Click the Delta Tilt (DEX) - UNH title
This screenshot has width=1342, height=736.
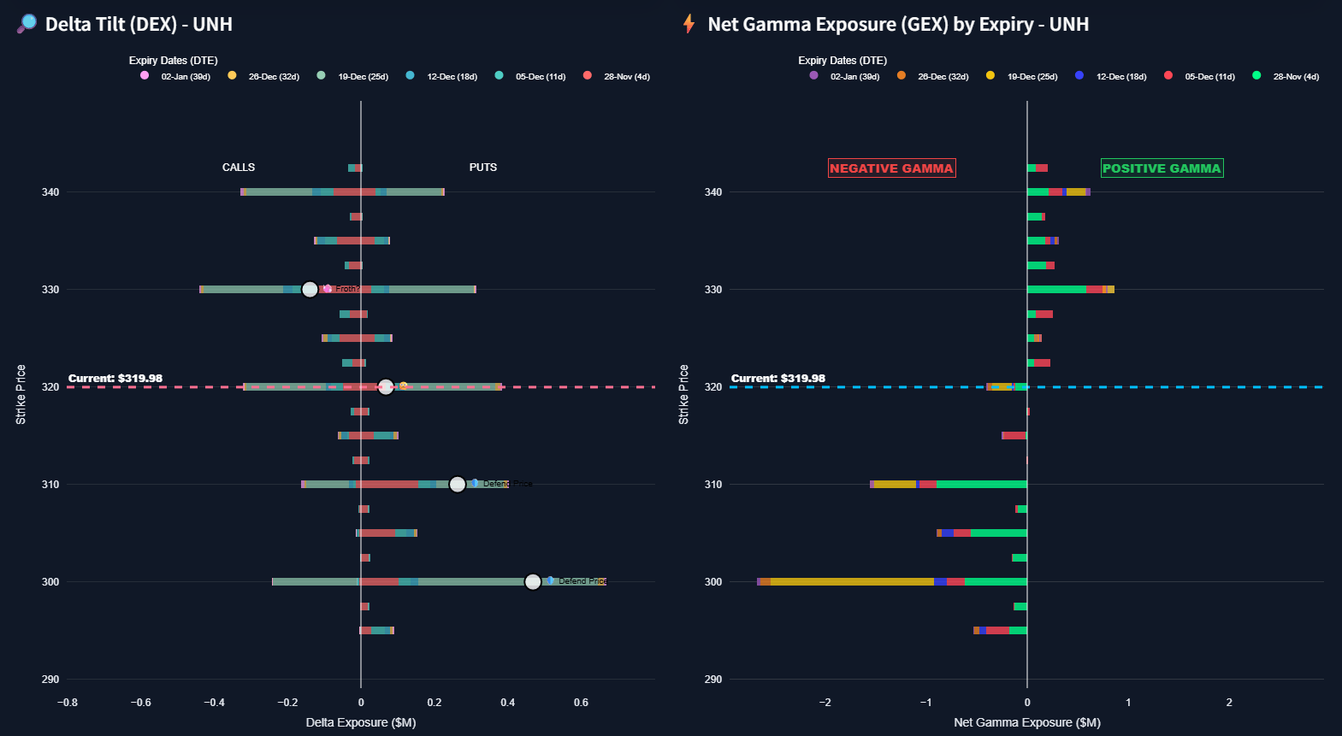(x=139, y=24)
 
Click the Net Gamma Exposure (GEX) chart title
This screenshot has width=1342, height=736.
(x=897, y=24)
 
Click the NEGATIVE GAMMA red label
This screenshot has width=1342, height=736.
(x=891, y=168)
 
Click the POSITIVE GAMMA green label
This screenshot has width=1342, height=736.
(x=1162, y=168)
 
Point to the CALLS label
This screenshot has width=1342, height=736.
(x=239, y=168)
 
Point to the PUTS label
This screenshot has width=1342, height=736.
(x=483, y=168)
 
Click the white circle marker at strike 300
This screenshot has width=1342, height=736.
(x=533, y=582)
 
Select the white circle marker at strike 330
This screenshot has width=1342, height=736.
(x=310, y=290)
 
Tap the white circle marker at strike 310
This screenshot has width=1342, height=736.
(x=458, y=485)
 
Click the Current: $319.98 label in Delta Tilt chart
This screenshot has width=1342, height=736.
(x=115, y=379)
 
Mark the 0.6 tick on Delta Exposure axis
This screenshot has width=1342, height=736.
(x=581, y=703)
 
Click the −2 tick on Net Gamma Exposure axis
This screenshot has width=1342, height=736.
(x=825, y=703)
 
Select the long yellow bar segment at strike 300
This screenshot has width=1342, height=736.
(x=851, y=582)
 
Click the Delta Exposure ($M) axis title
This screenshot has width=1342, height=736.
(x=361, y=722)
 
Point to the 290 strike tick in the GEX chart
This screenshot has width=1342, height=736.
(x=713, y=680)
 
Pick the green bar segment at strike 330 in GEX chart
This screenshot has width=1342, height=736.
(x=1056, y=290)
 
